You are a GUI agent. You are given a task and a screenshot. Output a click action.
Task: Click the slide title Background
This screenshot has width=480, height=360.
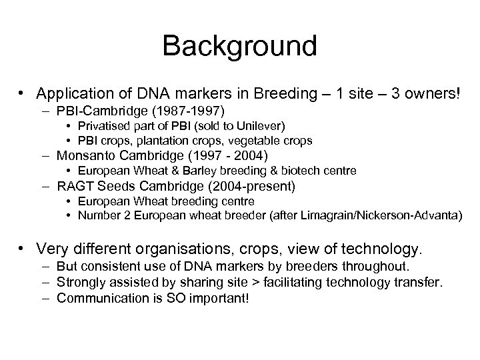point(239,45)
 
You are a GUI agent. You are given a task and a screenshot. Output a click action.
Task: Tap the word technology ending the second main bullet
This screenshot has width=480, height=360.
point(380,250)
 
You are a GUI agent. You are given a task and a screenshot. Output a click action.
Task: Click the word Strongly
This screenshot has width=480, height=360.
point(79,283)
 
